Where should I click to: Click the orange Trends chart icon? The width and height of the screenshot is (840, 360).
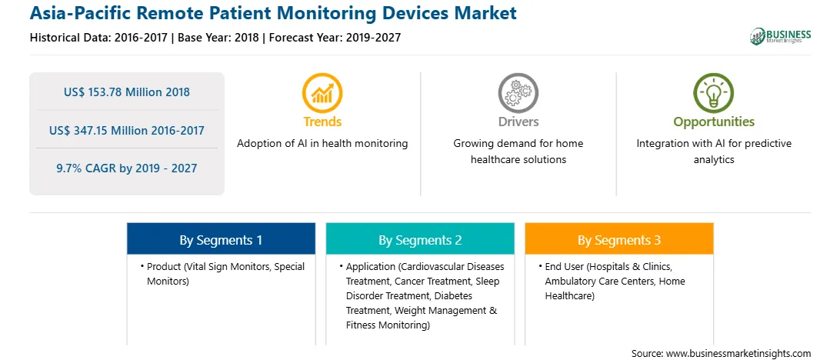[322, 93]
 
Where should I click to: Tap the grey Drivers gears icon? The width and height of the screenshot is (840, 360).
[518, 93]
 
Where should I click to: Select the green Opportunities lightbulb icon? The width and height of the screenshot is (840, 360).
[714, 93]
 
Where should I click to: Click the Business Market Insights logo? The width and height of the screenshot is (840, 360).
[781, 36]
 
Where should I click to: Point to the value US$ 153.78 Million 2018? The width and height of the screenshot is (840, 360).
[126, 92]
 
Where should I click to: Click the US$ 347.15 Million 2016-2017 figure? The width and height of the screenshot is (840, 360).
[126, 130]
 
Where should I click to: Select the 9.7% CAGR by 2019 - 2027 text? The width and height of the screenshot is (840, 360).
[126, 168]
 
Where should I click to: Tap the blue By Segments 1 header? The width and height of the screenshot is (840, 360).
[221, 238]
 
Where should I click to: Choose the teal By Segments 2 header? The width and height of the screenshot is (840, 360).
[420, 238]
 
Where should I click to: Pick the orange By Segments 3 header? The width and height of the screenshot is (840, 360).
[618, 238]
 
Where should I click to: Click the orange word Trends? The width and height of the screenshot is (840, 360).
[322, 122]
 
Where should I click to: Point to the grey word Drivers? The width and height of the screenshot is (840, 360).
[518, 122]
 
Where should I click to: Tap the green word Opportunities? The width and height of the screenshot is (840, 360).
[714, 122]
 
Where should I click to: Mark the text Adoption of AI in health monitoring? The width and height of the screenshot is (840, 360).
[322, 144]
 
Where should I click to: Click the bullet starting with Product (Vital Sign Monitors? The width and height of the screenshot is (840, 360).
[222, 274]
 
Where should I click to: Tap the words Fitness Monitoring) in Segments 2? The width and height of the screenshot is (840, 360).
[388, 325]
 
